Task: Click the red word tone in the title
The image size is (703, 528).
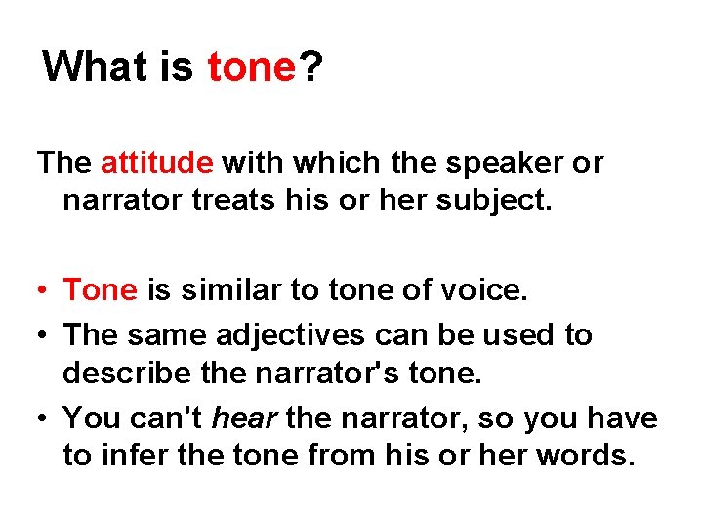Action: (x=251, y=67)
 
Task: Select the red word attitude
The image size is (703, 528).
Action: (x=156, y=161)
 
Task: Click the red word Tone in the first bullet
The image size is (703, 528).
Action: (x=101, y=289)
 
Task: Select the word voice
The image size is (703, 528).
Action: (x=490, y=289)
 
